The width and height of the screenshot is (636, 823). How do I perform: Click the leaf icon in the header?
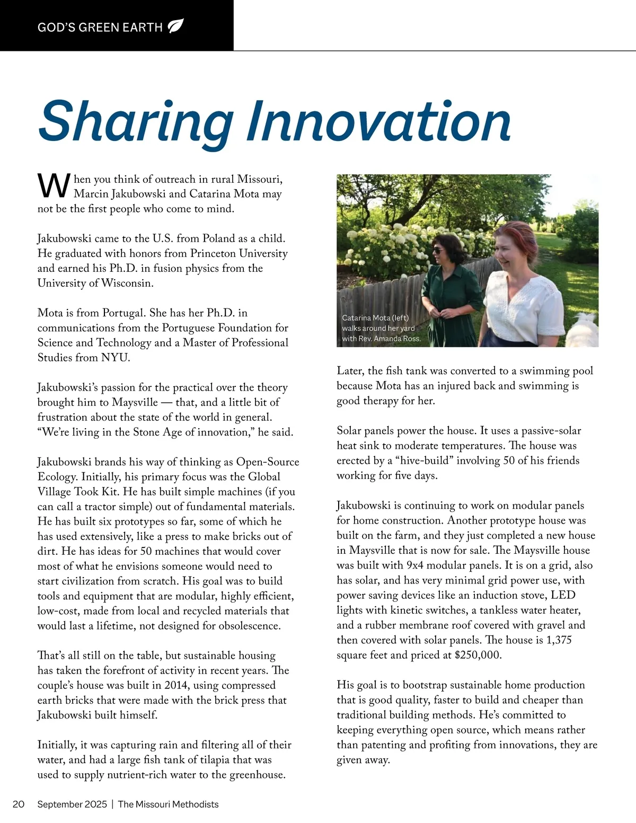[x=175, y=26]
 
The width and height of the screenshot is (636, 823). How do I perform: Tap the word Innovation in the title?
[x=378, y=121]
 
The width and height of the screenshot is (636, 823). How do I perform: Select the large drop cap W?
[x=54, y=185]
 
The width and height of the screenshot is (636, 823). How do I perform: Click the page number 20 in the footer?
[x=19, y=804]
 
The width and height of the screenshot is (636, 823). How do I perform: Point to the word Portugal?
[x=122, y=313]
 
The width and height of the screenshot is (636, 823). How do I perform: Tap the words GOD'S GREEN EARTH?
[x=100, y=27]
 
